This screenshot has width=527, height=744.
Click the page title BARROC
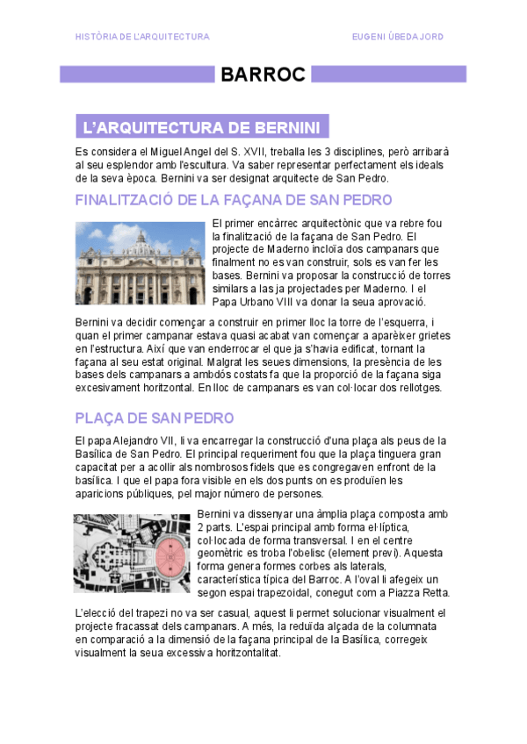coord(263,75)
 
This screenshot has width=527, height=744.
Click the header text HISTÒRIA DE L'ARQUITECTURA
coord(142,37)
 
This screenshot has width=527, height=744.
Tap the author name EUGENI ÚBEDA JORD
coord(397,37)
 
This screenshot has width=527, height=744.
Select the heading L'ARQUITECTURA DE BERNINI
coord(200,128)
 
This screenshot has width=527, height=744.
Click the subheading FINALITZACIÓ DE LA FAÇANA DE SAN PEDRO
coord(227,200)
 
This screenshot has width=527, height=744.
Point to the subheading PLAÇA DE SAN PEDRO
coord(155,417)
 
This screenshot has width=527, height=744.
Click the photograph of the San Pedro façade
coord(141,263)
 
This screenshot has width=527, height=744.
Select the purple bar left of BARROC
coord(135,75)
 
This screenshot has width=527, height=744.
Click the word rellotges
coord(415,387)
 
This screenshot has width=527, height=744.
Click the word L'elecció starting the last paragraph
coord(97,612)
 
